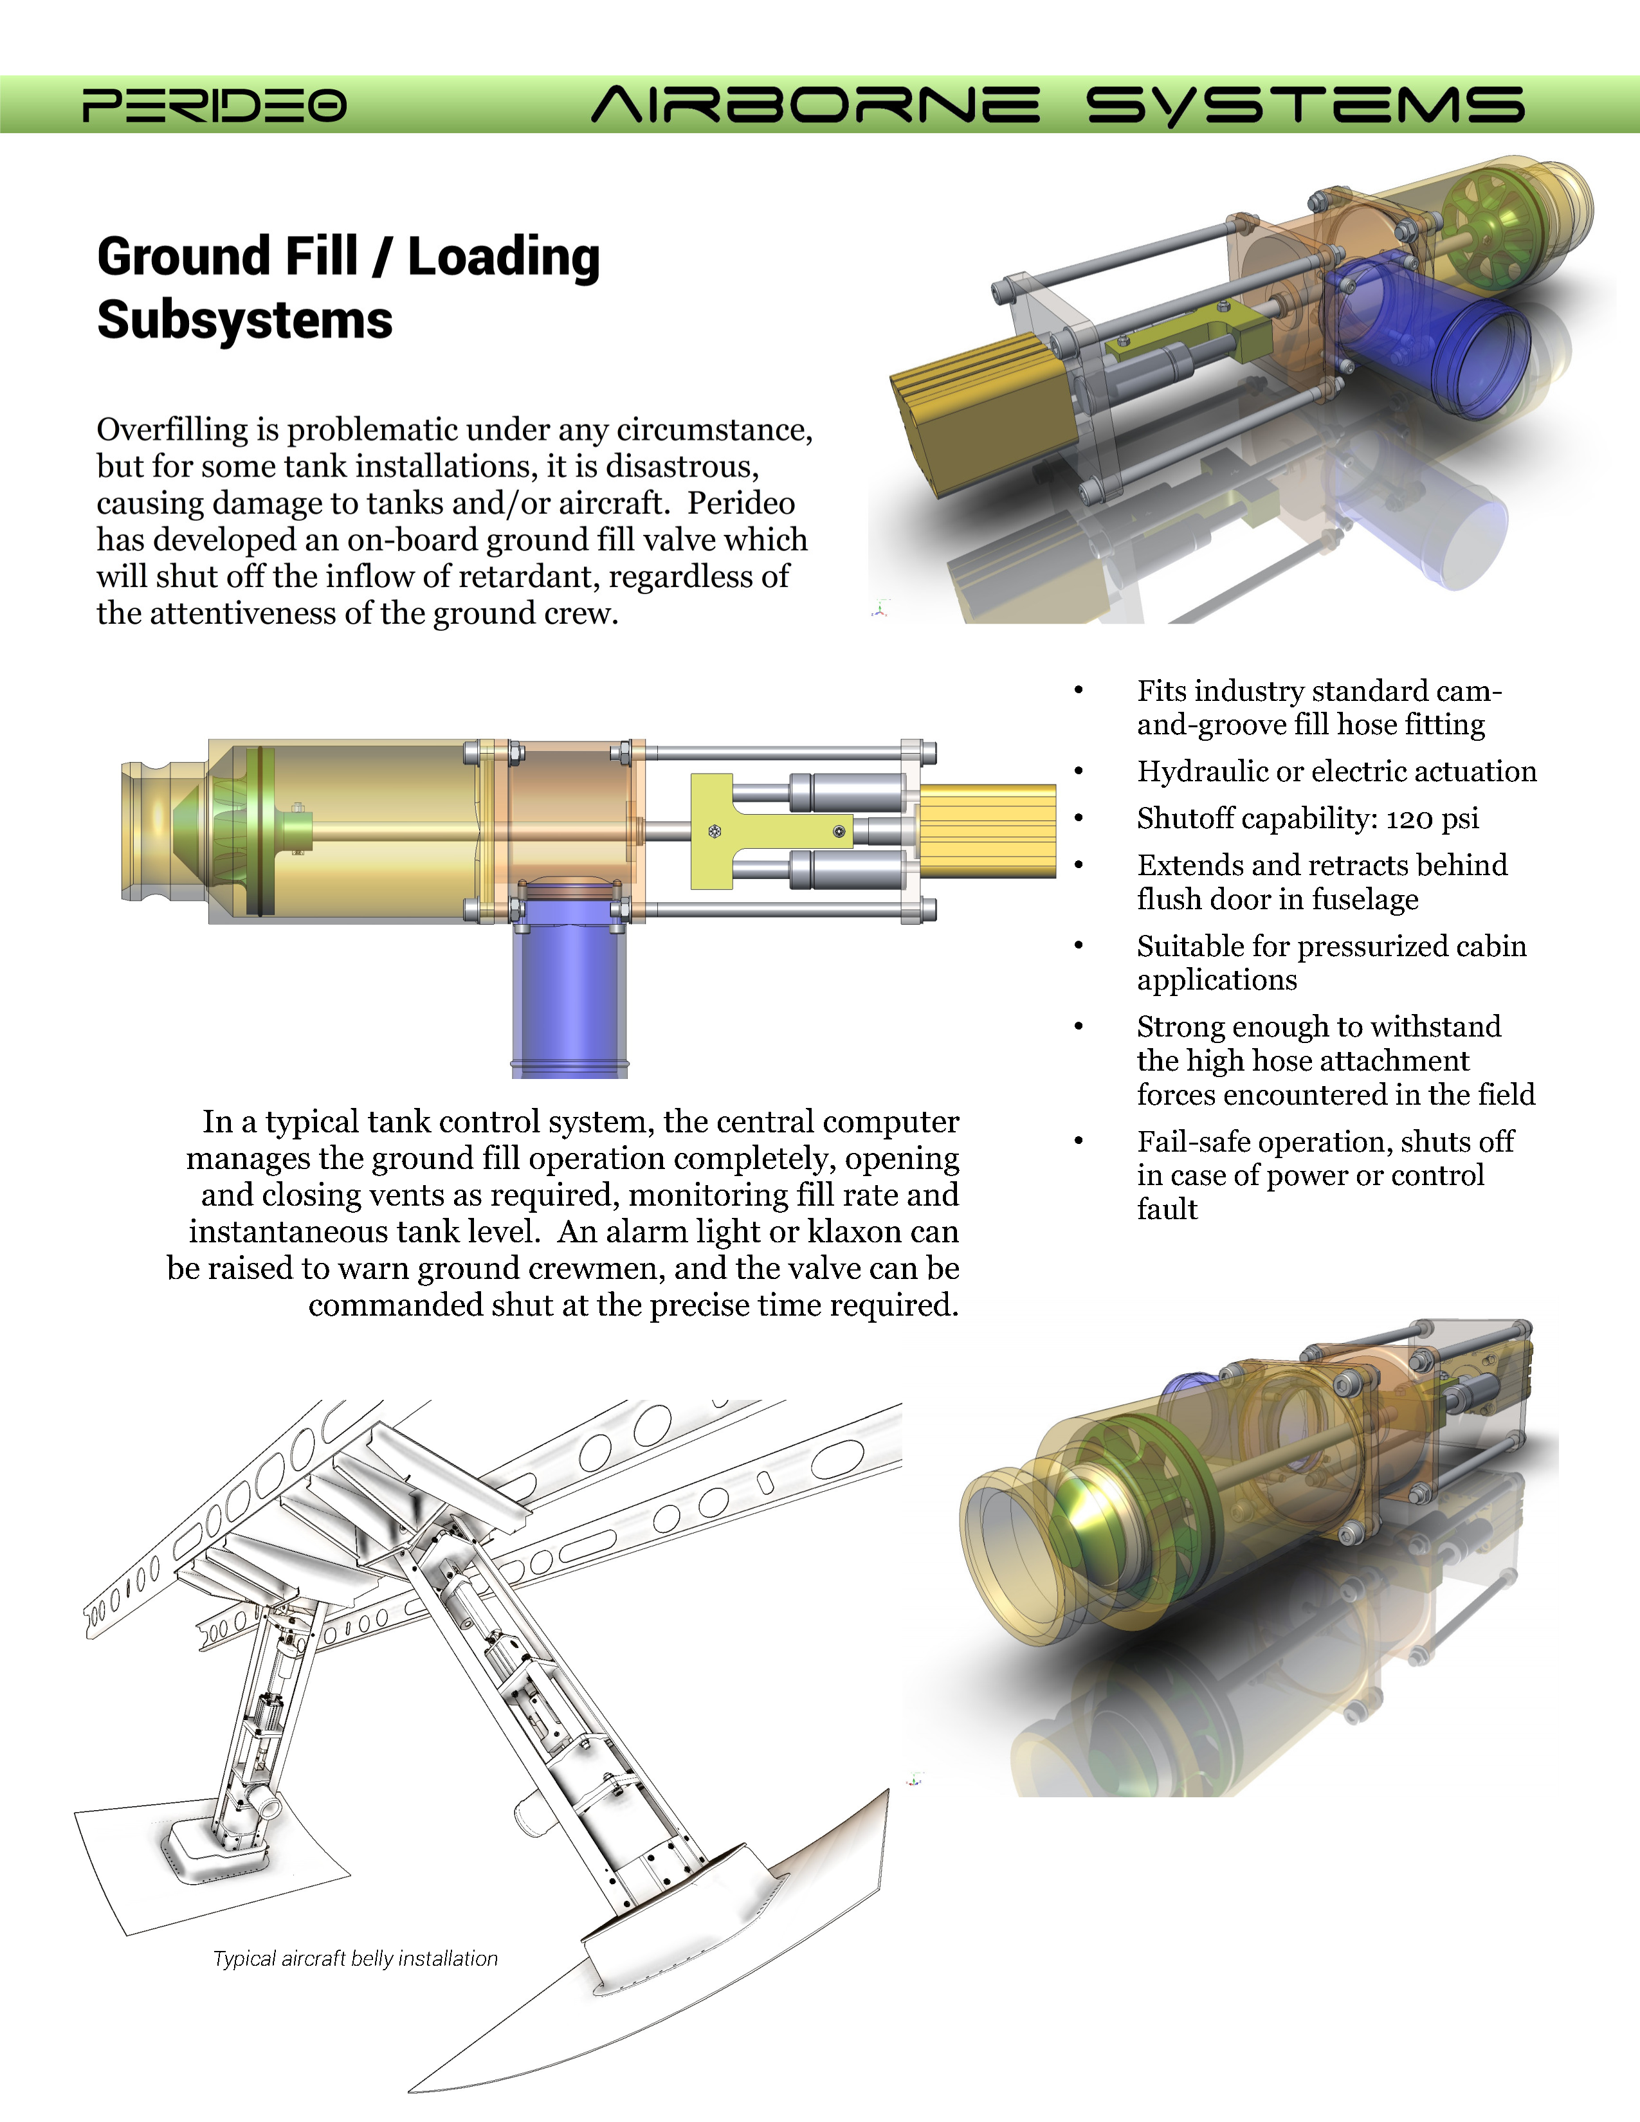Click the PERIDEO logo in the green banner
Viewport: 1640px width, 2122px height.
(214, 105)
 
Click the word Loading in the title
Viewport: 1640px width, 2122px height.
(504, 257)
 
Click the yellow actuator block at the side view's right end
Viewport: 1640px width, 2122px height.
(987, 831)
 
